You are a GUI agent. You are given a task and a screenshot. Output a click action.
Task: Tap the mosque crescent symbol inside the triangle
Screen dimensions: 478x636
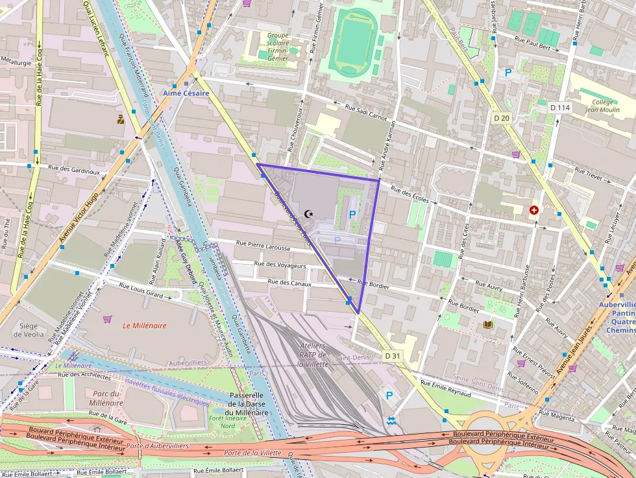(x=308, y=213)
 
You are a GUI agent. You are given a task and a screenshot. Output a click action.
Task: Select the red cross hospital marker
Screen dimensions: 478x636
(x=534, y=210)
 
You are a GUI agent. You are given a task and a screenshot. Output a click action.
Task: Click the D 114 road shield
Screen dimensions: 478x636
(x=559, y=107)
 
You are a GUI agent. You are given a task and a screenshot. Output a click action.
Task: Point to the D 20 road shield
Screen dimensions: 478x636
(x=501, y=118)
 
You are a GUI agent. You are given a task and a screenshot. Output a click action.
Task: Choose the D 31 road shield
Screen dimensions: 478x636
(x=392, y=355)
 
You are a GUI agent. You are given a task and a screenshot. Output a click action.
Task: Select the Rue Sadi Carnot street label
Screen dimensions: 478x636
(x=365, y=113)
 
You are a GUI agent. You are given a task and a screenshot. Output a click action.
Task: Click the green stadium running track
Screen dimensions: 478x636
(x=352, y=42)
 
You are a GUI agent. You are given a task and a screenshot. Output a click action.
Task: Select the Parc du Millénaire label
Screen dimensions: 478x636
(x=108, y=398)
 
